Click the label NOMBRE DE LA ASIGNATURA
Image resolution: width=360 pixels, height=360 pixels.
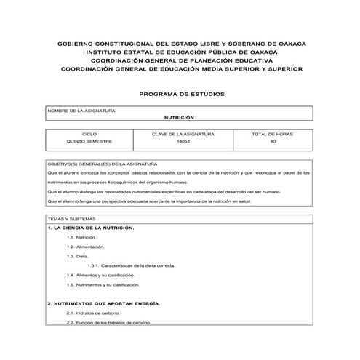pyautogui.click(x=81, y=111)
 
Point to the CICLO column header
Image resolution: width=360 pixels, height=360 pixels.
pyautogui.click(x=89, y=135)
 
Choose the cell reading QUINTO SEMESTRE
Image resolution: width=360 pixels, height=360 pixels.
pyautogui.click(x=89, y=142)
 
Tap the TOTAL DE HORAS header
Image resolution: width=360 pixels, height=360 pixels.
pyautogui.click(x=272, y=135)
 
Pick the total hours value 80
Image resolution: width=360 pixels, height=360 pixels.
pyautogui.click(x=272, y=142)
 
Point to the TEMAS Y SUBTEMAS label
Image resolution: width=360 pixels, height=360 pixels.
pyautogui.click(x=71, y=219)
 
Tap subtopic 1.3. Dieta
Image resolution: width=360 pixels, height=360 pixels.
pyautogui.click(x=77, y=257)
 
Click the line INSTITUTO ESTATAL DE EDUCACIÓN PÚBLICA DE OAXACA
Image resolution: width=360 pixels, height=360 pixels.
pyautogui.click(x=181, y=53)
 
